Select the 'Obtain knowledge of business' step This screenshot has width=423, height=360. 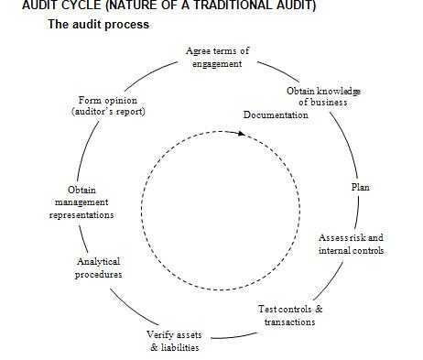[323, 96]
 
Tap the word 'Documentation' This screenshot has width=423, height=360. [276, 115]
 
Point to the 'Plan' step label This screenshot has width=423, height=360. [361, 187]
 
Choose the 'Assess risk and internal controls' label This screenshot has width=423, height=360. [351, 243]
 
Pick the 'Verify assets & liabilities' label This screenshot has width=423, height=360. [174, 340]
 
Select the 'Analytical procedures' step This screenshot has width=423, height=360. [99, 267]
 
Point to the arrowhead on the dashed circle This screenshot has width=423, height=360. [242, 133]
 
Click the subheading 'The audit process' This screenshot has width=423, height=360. [98, 25]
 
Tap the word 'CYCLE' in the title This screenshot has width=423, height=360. [67, 5]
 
